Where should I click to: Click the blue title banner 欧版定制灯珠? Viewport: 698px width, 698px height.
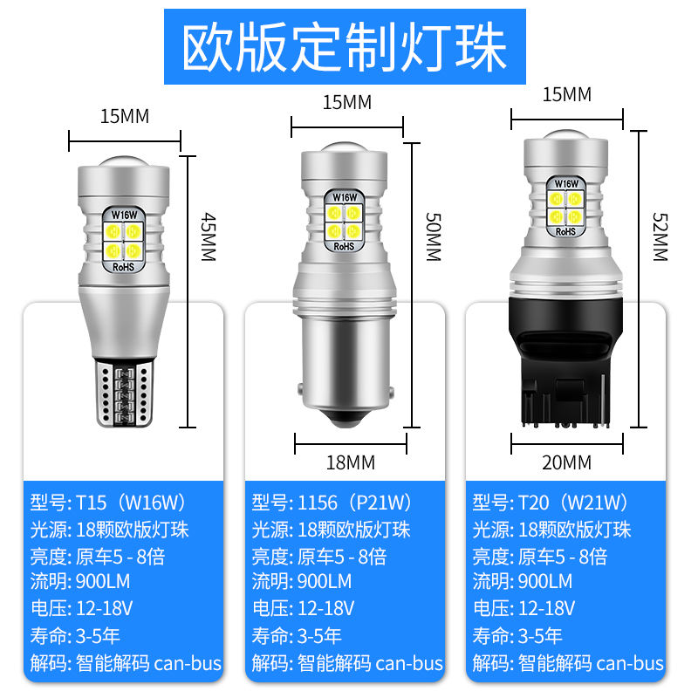click(x=345, y=47)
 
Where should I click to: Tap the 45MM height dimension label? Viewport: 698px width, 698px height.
click(x=208, y=236)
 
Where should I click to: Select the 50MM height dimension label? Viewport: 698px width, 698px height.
click(x=433, y=236)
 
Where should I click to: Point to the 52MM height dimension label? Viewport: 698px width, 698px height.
click(x=660, y=236)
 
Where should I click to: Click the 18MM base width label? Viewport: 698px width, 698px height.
click(x=351, y=463)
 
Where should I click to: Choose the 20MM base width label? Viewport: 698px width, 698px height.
click(x=566, y=463)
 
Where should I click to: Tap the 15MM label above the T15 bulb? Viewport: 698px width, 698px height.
click(x=125, y=117)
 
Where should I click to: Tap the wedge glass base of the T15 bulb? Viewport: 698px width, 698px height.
click(x=125, y=393)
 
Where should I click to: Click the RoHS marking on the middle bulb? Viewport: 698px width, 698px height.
click(x=344, y=246)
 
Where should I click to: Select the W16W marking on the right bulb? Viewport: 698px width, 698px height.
click(x=566, y=183)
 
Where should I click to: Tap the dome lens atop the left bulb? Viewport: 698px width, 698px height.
click(x=124, y=162)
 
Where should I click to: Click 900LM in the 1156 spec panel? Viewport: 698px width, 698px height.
click(x=324, y=582)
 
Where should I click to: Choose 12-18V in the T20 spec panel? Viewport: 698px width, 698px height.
click(x=547, y=608)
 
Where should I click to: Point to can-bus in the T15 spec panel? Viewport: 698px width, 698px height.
click(x=188, y=663)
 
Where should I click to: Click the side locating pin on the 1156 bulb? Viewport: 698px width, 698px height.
click(x=390, y=393)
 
